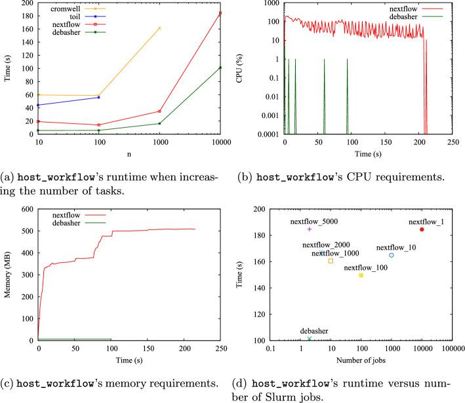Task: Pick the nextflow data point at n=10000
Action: [x=220, y=13]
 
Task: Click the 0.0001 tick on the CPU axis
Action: [x=266, y=134]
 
